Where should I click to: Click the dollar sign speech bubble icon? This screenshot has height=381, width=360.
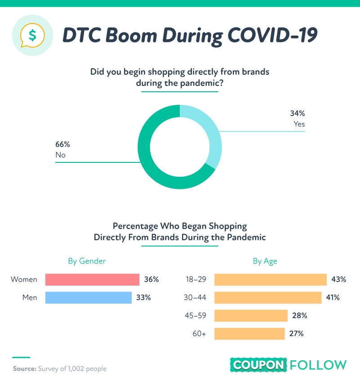click(32, 35)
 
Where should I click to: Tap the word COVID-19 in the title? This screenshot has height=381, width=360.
click(272, 35)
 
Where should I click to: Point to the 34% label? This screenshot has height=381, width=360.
click(298, 113)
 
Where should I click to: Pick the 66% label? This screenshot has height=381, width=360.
click(62, 144)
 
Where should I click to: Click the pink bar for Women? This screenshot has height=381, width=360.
click(92, 279)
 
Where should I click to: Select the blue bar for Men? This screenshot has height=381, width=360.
click(89, 297)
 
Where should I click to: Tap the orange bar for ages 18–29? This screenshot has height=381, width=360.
click(271, 279)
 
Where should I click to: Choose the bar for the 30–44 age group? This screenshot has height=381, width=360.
click(268, 297)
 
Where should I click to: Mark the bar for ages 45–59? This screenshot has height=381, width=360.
click(251, 315)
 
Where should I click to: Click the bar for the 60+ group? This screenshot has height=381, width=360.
click(249, 334)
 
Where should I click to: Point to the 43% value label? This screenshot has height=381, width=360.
click(338, 279)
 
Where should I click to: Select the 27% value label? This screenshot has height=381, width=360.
click(296, 334)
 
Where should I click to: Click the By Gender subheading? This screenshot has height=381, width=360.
click(87, 261)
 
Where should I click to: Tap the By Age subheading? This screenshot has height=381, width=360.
click(265, 261)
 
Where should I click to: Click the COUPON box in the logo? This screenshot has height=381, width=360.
click(258, 365)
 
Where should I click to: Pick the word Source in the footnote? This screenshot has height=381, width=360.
click(25, 369)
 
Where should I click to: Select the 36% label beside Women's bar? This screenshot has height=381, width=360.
click(151, 279)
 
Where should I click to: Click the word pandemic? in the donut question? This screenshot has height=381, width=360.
click(202, 83)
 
